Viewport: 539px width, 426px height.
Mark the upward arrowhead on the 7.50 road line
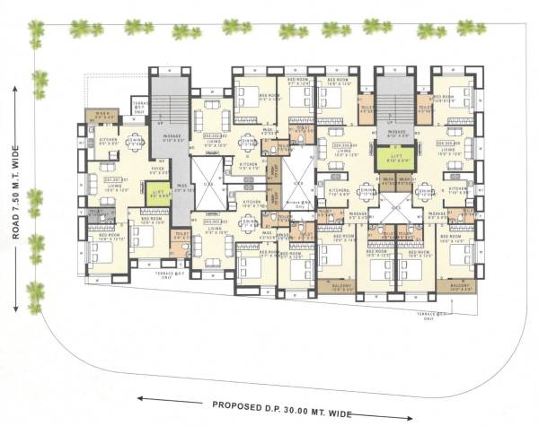coord(15,89)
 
